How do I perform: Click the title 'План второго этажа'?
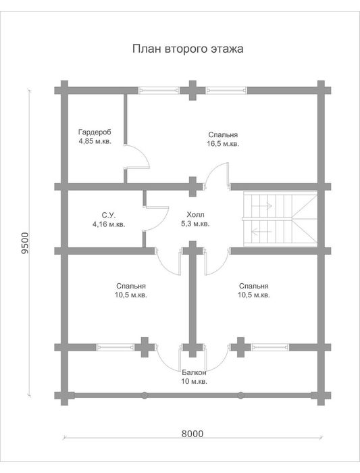[x=188, y=49]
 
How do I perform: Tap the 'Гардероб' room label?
[x=95, y=132]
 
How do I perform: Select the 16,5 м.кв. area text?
[x=223, y=144]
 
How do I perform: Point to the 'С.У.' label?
[x=109, y=215]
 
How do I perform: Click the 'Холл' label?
[x=195, y=215]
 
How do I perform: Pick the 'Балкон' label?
[x=194, y=372]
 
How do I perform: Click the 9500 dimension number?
[x=25, y=243]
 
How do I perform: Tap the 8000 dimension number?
[x=192, y=434]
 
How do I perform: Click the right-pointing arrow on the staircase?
[x=261, y=206]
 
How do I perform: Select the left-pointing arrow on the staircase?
[x=261, y=232]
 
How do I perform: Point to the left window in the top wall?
[x=159, y=90]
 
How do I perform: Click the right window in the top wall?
[x=226, y=90]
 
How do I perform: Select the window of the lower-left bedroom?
[x=115, y=347]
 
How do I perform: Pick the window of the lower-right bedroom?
[x=270, y=347]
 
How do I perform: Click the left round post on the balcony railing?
[x=145, y=395]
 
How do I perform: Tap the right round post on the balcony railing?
[x=240, y=395]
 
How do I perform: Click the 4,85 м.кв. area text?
[x=95, y=141]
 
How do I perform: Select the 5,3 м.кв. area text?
[x=195, y=224]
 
